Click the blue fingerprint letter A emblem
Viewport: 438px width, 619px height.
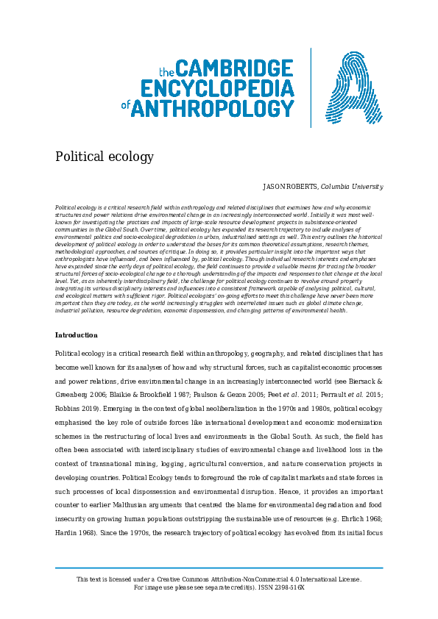342,89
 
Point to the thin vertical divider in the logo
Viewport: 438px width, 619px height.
310,87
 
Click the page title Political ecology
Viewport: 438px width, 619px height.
104,157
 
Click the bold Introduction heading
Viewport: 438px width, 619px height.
76,335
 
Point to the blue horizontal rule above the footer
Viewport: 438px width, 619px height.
219,568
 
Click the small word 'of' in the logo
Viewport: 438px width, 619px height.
124,106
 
